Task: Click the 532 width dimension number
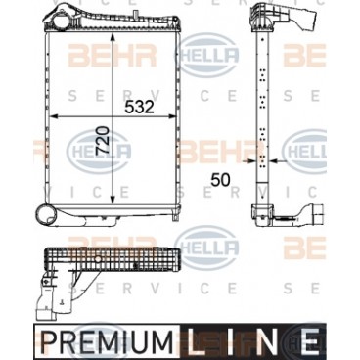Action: (x=139, y=107)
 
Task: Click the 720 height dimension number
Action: (x=102, y=140)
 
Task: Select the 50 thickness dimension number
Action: (x=220, y=180)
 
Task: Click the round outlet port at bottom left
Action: (x=46, y=215)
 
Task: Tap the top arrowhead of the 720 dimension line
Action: (x=112, y=37)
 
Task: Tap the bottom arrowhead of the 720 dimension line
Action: (x=112, y=199)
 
